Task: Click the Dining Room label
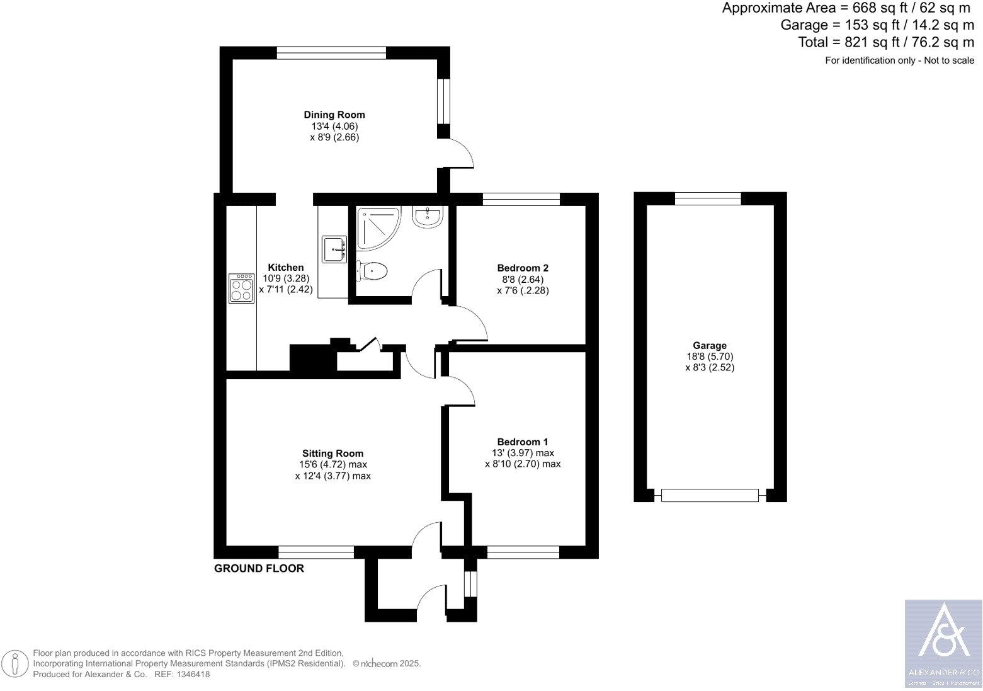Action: (x=334, y=115)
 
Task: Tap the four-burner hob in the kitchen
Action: (x=242, y=288)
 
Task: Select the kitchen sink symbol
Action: (x=334, y=249)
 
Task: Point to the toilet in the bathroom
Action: (x=372, y=271)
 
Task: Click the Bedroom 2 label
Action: (x=523, y=268)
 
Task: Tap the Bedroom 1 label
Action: (x=523, y=442)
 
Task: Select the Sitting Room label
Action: (x=332, y=453)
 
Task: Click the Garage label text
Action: (x=710, y=345)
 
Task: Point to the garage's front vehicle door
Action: (x=710, y=496)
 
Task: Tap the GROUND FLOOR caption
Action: (x=259, y=568)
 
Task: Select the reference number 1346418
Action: (x=193, y=674)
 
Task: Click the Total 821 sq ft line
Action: (x=885, y=42)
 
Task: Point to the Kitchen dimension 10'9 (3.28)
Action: (x=286, y=278)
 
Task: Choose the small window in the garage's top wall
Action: (x=708, y=199)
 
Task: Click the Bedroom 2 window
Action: (x=521, y=200)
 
